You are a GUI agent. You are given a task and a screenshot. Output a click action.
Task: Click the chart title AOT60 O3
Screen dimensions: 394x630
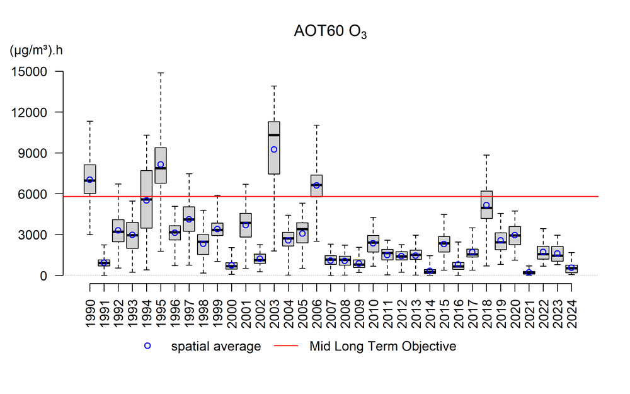(x=330, y=32)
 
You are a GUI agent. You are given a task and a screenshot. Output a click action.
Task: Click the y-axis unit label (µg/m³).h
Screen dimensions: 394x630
(x=36, y=50)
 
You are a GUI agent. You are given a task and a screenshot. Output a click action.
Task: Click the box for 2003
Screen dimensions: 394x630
(x=274, y=148)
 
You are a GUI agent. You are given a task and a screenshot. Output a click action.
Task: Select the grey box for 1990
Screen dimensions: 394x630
(x=89, y=179)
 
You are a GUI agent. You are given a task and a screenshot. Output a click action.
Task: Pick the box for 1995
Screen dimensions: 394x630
(x=161, y=165)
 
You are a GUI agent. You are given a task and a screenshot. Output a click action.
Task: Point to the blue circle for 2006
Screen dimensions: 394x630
(x=316, y=185)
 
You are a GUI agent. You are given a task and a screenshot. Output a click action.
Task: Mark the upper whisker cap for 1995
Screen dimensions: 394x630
(x=161, y=72)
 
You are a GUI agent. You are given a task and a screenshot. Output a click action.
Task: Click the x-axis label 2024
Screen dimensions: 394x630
(x=571, y=306)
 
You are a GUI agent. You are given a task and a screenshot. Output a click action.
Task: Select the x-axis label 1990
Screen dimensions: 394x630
(x=89, y=306)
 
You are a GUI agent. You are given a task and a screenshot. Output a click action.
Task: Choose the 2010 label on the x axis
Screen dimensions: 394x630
(x=373, y=306)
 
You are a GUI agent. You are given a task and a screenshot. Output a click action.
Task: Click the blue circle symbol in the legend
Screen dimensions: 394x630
(x=147, y=346)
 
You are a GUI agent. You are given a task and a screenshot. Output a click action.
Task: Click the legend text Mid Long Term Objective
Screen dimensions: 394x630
(x=382, y=346)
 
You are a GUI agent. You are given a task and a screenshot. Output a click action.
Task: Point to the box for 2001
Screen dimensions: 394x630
(x=246, y=225)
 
